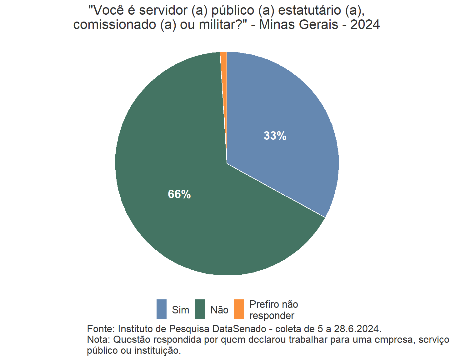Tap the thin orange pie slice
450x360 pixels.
click(x=224, y=62)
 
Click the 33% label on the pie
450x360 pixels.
click(x=275, y=136)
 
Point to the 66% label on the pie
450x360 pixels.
click(x=179, y=194)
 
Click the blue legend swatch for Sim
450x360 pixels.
click(x=162, y=309)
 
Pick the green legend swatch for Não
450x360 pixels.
click(x=200, y=309)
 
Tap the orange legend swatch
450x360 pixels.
click(x=239, y=309)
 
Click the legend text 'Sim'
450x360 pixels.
click(x=181, y=310)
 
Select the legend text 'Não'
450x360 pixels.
click(x=219, y=310)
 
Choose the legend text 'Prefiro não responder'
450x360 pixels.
click(x=273, y=310)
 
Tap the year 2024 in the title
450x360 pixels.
click(x=365, y=25)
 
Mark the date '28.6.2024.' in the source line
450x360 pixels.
click(x=358, y=329)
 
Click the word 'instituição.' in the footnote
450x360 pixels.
click(x=157, y=351)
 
